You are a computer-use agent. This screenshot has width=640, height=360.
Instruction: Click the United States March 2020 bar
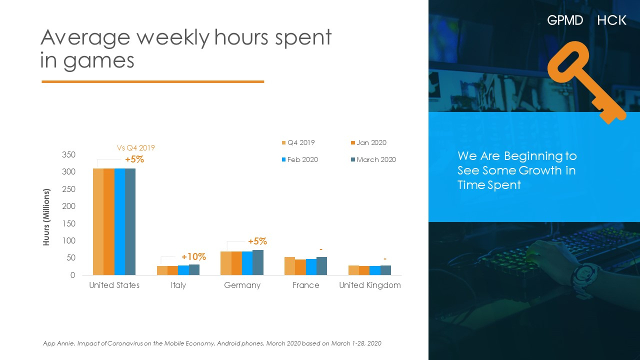pos(130,221)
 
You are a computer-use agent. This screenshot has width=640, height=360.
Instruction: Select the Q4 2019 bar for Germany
pos(226,263)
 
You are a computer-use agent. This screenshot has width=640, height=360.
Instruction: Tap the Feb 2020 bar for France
pos(311,267)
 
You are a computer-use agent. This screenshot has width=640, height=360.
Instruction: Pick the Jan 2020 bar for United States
pos(109,221)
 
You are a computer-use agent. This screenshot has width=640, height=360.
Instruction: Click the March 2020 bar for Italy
pos(194,269)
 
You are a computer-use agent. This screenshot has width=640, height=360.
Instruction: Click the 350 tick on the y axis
pos(69,155)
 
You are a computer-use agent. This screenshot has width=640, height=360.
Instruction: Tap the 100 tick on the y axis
pos(69,241)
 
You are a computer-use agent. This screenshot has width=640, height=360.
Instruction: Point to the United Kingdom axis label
pos(370,285)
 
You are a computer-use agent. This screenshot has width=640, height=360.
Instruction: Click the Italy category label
pos(178,285)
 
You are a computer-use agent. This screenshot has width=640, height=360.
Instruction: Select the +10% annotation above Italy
pos(193,257)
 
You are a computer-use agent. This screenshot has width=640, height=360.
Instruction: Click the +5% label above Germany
pos(257,241)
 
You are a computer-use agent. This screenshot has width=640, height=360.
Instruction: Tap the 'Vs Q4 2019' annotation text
pos(136,148)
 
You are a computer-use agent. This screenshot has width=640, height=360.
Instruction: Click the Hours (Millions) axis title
pos(46,217)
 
